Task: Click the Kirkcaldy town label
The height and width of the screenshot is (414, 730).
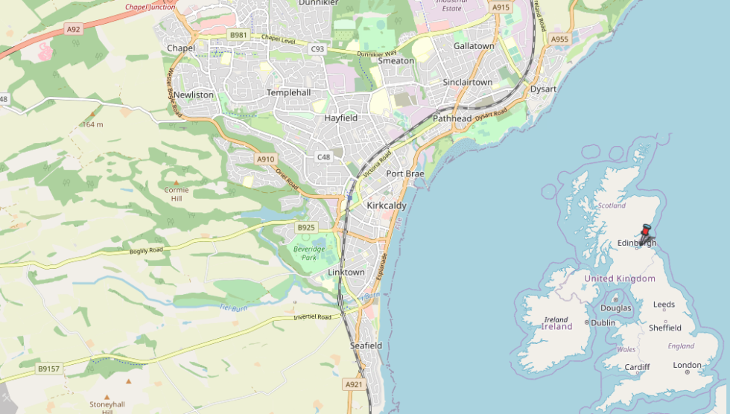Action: click(387, 205)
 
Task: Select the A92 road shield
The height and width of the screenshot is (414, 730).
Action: click(72, 29)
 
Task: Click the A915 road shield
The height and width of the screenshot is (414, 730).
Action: click(501, 7)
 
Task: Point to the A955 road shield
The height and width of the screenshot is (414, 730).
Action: click(559, 39)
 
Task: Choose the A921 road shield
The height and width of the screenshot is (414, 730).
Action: click(354, 384)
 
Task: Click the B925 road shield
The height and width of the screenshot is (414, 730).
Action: click(306, 227)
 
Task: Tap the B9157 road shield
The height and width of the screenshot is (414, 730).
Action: click(48, 368)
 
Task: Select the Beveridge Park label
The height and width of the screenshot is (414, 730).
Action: click(309, 252)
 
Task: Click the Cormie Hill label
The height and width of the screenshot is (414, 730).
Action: click(177, 194)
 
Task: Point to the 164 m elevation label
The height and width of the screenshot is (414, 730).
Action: click(93, 124)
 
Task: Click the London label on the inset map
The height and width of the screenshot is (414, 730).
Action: click(687, 365)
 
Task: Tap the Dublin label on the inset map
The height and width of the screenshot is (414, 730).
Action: click(603, 322)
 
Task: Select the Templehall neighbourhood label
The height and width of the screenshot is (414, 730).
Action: click(288, 92)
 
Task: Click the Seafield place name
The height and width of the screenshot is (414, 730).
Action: click(366, 345)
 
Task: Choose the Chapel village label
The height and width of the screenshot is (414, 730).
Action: click(181, 48)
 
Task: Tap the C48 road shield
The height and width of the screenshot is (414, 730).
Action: click(323, 156)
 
